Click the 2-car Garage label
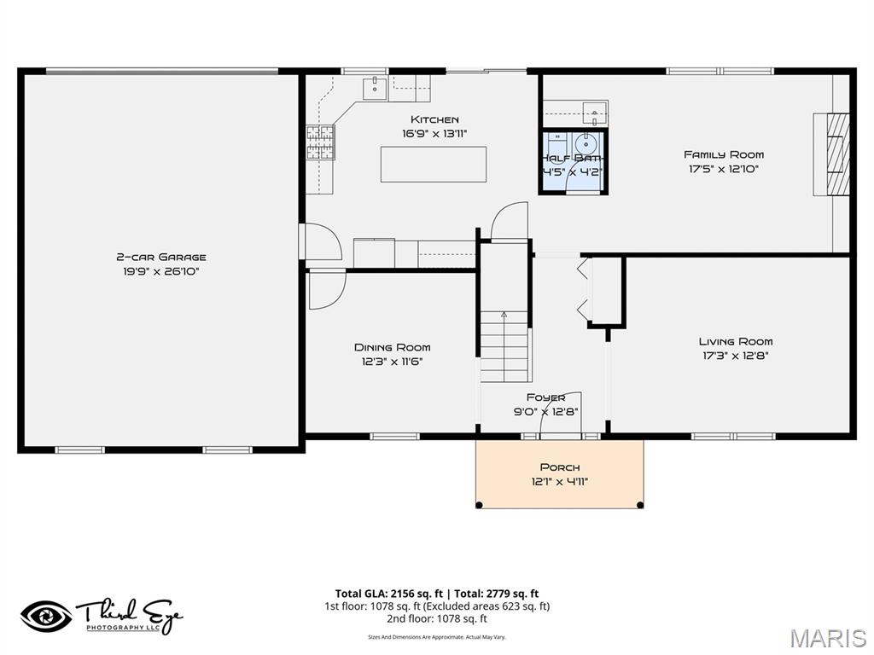161,257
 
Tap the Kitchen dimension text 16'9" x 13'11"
434,133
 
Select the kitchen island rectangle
434,164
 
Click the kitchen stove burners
320,142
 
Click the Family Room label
724,154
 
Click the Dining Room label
392,347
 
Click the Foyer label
545,397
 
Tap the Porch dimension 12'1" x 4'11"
559,481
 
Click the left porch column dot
479,505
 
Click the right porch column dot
640,505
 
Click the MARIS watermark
828,638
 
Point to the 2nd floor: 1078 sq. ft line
436,619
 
